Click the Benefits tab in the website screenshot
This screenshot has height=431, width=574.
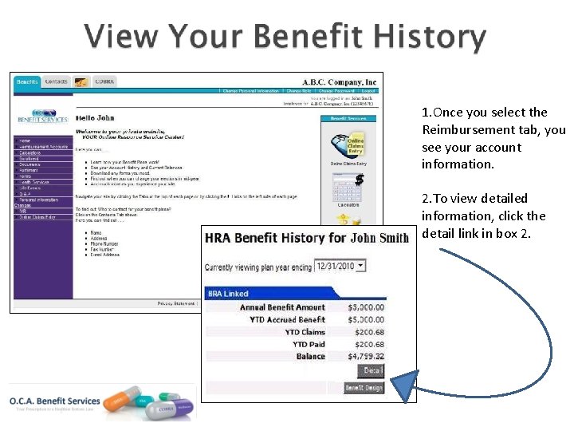click(x=28, y=81)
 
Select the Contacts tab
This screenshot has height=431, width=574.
click(x=56, y=81)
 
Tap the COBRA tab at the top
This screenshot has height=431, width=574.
click(x=104, y=81)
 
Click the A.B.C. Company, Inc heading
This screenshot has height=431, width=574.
click(x=339, y=82)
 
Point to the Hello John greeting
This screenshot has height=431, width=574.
click(x=95, y=117)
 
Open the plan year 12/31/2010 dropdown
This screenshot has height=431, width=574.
click(x=340, y=266)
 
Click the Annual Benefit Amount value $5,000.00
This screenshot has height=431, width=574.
click(x=366, y=307)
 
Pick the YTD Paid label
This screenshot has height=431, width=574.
click(x=309, y=344)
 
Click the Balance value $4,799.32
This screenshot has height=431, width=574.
click(x=366, y=357)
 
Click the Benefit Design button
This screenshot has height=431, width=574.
click(x=364, y=388)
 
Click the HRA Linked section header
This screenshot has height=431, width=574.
click(x=228, y=294)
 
